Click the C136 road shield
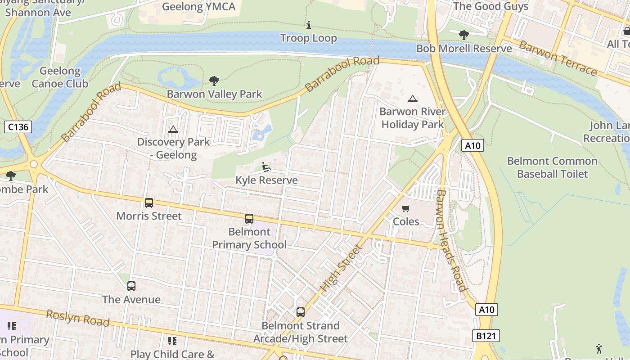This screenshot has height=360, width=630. tap(18, 127)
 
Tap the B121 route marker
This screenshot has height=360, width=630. tap(486, 336)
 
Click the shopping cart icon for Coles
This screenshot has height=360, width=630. tap(406, 208)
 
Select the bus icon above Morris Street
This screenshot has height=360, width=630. tap(149, 203)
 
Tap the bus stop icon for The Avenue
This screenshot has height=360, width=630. tap(131, 286)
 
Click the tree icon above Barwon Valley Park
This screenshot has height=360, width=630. tap(214, 81)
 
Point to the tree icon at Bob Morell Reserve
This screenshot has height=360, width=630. tap(463, 35)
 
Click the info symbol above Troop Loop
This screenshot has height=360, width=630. tap(309, 25)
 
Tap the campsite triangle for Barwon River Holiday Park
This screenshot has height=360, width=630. tap(412, 99)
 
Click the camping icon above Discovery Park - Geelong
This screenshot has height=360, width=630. tap(173, 130)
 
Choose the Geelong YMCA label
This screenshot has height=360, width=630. tap(198, 6)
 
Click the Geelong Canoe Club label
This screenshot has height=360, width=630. tap(60, 77)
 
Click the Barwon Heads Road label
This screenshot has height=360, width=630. tap(450, 240)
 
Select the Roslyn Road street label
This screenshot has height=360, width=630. tap(77, 318)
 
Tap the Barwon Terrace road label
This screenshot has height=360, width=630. tap(558, 58)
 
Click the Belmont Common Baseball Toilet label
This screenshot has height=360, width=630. tap(552, 167)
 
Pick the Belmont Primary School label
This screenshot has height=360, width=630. tap(249, 238)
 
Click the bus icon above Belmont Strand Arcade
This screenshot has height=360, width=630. tap(301, 312)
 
